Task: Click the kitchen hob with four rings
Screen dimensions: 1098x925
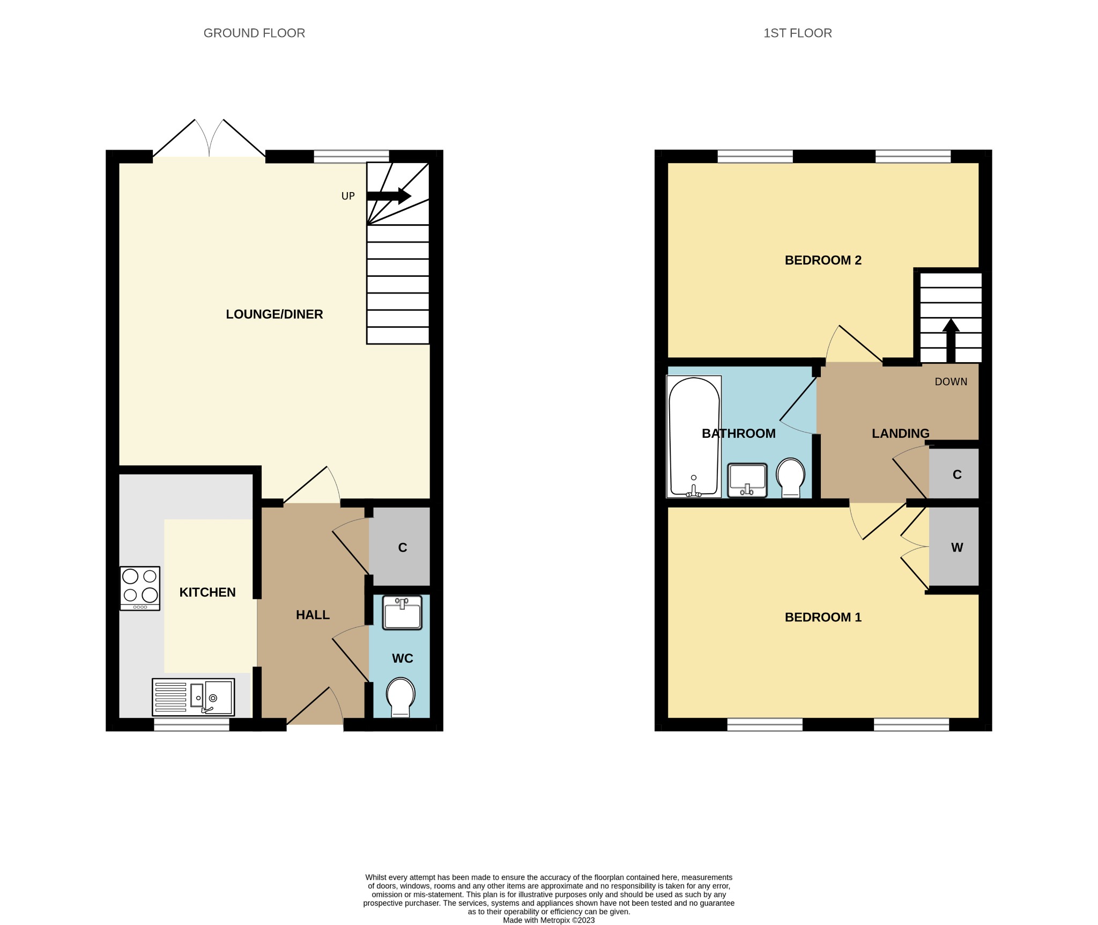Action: pyautogui.click(x=140, y=588)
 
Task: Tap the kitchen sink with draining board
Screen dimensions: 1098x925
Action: pyautogui.click(x=193, y=697)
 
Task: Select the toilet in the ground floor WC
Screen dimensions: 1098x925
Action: pyautogui.click(x=400, y=697)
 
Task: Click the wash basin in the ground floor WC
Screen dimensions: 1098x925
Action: pyautogui.click(x=402, y=613)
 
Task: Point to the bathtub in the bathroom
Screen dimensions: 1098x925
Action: pyautogui.click(x=694, y=436)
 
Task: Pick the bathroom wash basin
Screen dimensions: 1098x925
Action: pyautogui.click(x=747, y=480)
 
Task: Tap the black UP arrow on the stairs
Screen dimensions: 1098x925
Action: pyautogui.click(x=389, y=196)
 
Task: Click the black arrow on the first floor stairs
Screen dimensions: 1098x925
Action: pyautogui.click(x=951, y=340)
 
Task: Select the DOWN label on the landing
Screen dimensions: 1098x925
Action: pyautogui.click(x=951, y=382)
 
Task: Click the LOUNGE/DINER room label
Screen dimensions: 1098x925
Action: pyautogui.click(x=274, y=314)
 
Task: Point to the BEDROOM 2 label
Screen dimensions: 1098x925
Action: pyautogui.click(x=823, y=260)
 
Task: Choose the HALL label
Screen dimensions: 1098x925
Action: pyautogui.click(x=313, y=615)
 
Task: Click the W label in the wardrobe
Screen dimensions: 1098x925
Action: pyautogui.click(x=957, y=547)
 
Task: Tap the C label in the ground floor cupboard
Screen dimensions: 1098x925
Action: pyautogui.click(x=403, y=547)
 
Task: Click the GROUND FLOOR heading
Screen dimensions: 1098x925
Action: pyautogui.click(x=254, y=33)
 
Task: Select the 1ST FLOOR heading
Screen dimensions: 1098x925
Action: pyautogui.click(x=798, y=33)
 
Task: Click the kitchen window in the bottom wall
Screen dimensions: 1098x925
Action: pyautogui.click(x=192, y=724)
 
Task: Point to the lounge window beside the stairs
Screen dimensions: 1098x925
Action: pyautogui.click(x=351, y=156)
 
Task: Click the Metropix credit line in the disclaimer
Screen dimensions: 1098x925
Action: pyautogui.click(x=549, y=920)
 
